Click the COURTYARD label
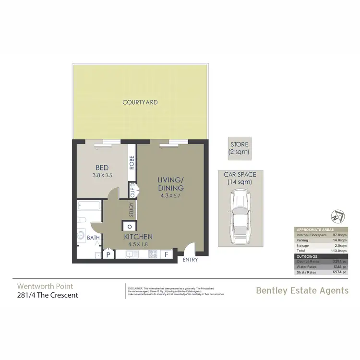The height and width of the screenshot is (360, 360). tap(140, 102)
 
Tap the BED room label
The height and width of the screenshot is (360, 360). tap(102, 168)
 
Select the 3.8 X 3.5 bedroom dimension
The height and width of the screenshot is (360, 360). tap(102, 176)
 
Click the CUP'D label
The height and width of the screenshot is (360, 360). tap(132, 190)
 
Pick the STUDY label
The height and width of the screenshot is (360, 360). tap(131, 209)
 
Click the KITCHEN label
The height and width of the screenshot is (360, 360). tap(138, 237)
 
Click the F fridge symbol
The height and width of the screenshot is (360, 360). tap(167, 254)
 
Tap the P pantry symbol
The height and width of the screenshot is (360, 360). tap(108, 255)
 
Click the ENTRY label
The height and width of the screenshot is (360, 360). tap(190, 261)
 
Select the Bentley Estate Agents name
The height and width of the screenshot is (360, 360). tap(302, 290)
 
